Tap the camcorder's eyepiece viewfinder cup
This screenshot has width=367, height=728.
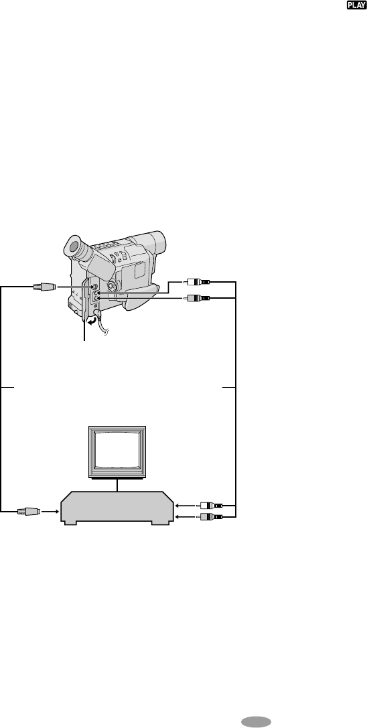pyautogui.click(x=75, y=247)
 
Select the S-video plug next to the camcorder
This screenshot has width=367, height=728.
pyautogui.click(x=44, y=287)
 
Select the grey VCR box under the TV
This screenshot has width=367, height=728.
pyautogui.click(x=117, y=508)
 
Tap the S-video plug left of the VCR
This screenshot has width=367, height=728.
pyautogui.click(x=29, y=512)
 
